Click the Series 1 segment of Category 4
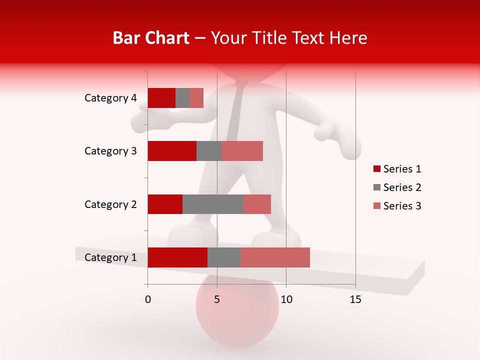pos(161,98)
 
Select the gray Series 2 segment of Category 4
pos(182,98)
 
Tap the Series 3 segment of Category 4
pos(196,98)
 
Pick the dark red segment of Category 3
pos(172,151)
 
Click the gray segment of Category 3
pos(209,151)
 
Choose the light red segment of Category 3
pos(242,151)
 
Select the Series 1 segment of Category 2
pos(165,204)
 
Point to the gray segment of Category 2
pos(213,204)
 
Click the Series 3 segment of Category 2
pos(257,204)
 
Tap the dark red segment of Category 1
pos(177,257)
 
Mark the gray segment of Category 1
pos(224,257)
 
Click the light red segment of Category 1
pos(275,257)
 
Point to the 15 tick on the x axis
pos(355,299)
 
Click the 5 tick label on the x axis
pos(217,299)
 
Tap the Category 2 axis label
pos(110,204)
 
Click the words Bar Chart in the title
pos(151,38)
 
